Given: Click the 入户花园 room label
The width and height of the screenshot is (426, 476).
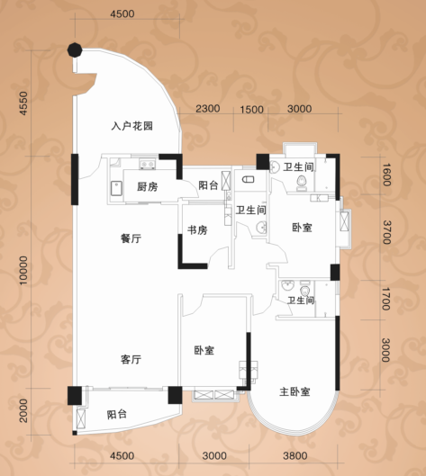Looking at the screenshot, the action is point(131,126).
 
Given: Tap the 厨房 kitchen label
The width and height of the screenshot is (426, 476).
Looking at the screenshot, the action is point(148,186).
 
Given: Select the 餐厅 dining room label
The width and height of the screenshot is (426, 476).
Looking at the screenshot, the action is point(131,238).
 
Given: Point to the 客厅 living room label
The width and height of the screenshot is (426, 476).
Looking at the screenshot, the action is point(131,359).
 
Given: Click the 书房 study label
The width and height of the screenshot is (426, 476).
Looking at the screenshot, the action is point(197,230).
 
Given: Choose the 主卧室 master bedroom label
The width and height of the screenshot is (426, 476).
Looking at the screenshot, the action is point(295,391).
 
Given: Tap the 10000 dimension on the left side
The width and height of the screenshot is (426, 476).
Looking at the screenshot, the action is point(23,271).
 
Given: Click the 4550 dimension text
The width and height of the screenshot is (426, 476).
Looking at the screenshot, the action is point(23,103).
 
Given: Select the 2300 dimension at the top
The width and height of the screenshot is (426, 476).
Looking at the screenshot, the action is point(208,109).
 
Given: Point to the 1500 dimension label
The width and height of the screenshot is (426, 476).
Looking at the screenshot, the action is point(251,109).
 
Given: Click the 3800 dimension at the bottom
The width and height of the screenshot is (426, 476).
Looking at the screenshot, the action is point(295,455).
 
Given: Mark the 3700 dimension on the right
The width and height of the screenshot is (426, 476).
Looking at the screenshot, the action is point(386,232).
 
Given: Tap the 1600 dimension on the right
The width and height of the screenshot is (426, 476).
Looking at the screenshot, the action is point(386,175).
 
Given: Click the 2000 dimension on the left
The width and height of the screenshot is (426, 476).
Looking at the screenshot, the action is point(23,410).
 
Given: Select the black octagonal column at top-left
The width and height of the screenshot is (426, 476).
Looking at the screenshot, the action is point(75,49).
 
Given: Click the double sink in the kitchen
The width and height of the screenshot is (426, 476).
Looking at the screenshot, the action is point(148,165).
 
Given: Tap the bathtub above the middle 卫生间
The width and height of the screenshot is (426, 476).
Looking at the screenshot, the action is point(248,180).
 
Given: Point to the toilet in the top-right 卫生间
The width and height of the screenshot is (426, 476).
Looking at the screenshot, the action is point(302,183).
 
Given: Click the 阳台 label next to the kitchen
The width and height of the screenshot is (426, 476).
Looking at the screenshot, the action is point(208,185).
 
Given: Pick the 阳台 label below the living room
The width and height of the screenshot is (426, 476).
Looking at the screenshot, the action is point(117,415).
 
